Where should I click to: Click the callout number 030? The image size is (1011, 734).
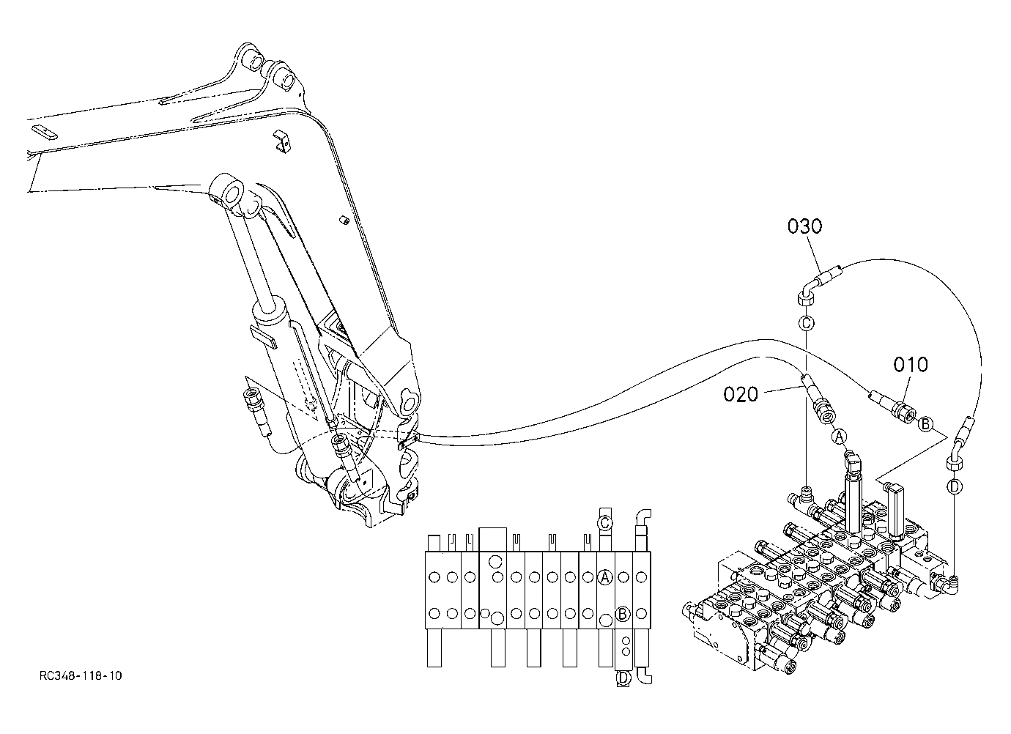point(804,226)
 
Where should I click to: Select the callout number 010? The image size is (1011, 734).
point(911,364)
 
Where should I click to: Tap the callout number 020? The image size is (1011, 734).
point(741,394)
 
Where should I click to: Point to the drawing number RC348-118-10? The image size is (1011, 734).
point(81,676)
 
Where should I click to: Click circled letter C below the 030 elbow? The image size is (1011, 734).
point(807,323)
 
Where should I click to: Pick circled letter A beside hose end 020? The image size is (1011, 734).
point(839,437)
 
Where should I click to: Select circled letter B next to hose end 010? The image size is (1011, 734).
point(926,424)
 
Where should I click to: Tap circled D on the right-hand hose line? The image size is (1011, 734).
point(954,486)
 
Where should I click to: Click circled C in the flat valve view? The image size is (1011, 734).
point(604,523)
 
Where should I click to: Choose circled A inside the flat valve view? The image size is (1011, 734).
point(604,577)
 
